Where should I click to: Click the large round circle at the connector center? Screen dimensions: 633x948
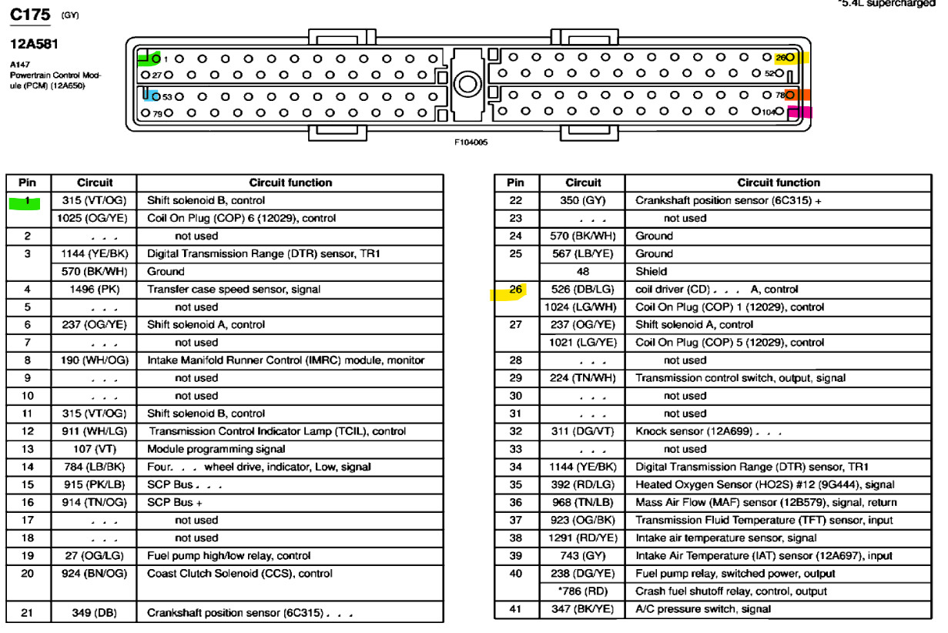[467, 83]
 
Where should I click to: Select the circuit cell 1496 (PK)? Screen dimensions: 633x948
[94, 290]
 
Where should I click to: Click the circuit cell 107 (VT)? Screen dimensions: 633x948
[94, 449]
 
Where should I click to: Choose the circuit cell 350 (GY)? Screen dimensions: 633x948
[582, 200]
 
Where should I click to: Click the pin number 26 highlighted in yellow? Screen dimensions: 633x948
[515, 290]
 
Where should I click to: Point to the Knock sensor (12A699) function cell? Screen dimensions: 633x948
[707, 431]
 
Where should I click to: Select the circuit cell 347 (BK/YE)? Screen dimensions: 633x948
[582, 609]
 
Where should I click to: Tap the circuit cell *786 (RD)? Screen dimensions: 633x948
[582, 591]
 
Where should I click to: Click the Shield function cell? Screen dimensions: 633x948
[651, 272]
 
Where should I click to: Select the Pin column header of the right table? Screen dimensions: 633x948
[515, 183]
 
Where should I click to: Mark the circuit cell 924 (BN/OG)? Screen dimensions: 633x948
[94, 574]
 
